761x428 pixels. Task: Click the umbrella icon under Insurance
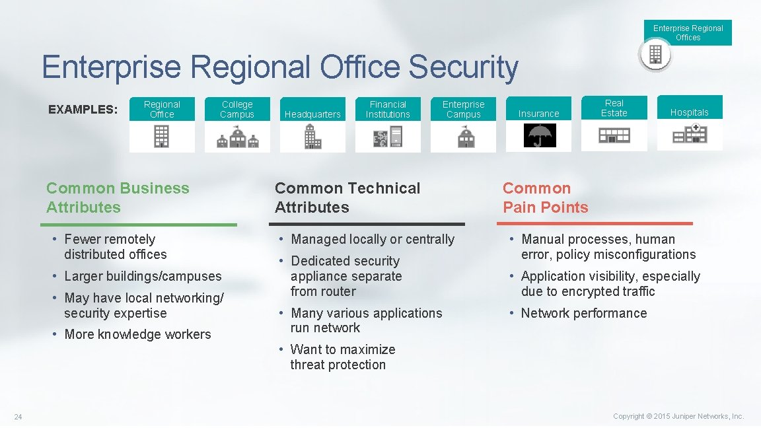coord(540,136)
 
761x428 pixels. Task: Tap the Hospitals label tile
coord(690,108)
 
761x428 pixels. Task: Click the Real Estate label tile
coord(614,108)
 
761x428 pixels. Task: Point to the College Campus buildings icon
coord(237,137)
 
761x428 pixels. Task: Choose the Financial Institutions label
coord(388,110)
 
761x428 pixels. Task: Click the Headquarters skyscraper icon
coord(312,137)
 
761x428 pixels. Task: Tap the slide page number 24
coord(18,416)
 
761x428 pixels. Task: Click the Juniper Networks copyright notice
coord(678,416)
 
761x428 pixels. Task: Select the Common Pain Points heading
coord(545,197)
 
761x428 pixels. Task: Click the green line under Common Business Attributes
coord(141,225)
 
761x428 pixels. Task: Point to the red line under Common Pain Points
coord(598,224)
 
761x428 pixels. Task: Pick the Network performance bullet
coord(584,313)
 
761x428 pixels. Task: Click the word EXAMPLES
coord(83,110)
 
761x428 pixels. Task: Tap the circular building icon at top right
coord(655,55)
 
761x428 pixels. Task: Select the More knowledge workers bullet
coord(137,334)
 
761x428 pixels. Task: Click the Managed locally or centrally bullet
coord(373,239)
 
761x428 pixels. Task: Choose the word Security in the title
coord(462,68)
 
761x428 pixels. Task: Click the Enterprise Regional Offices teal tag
coord(688,32)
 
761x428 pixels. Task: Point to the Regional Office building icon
coord(162,137)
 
